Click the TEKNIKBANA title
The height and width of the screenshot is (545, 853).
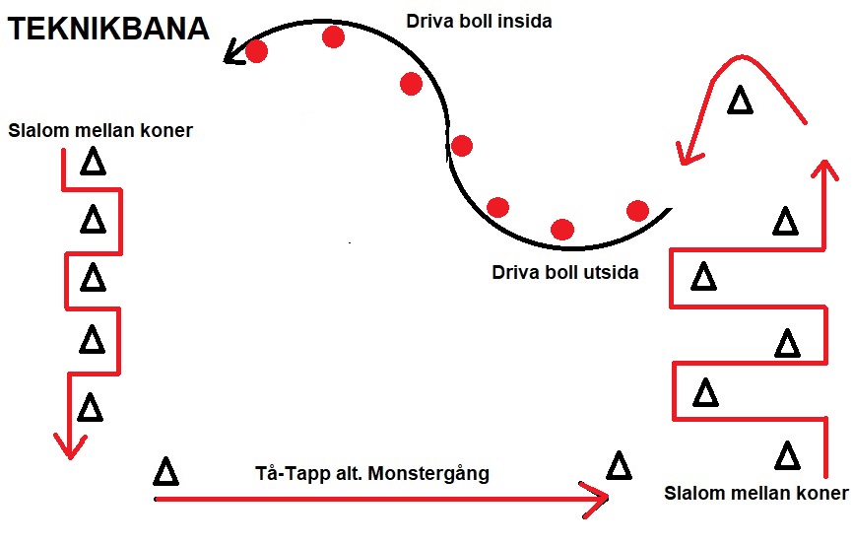[108, 30]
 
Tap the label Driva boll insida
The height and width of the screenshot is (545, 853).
[479, 19]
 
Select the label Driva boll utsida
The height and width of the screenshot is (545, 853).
[564, 272]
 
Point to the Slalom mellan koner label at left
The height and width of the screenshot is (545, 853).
[99, 129]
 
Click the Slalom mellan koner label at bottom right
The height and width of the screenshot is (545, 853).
[755, 493]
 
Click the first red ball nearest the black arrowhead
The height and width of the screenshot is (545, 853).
[256, 51]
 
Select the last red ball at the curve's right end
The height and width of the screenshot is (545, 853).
[638, 210]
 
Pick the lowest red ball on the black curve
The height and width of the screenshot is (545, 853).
[562, 230]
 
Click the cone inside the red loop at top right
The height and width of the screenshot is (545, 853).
[739, 100]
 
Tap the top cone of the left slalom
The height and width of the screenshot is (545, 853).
[93, 162]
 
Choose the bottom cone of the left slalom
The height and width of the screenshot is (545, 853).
[90, 406]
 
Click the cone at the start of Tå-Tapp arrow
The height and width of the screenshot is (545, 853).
[166, 471]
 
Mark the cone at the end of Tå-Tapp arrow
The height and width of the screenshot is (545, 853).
[619, 465]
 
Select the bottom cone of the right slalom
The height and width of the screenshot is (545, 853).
[787, 455]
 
